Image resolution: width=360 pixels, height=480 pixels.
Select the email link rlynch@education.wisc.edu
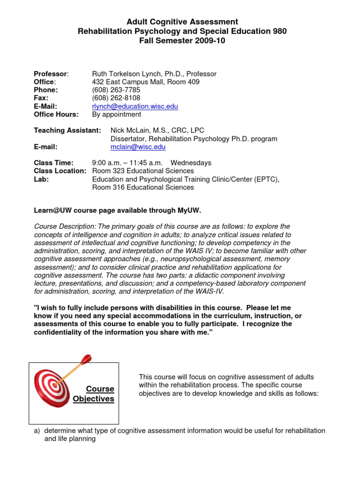coord(135,106)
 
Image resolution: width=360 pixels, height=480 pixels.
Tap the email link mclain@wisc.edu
coord(138,147)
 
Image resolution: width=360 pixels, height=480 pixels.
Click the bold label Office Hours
coord(56,114)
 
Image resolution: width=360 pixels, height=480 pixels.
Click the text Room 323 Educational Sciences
coord(143,171)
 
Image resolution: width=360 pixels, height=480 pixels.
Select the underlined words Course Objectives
coord(94,394)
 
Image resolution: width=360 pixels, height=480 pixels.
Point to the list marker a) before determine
coord(37,431)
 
